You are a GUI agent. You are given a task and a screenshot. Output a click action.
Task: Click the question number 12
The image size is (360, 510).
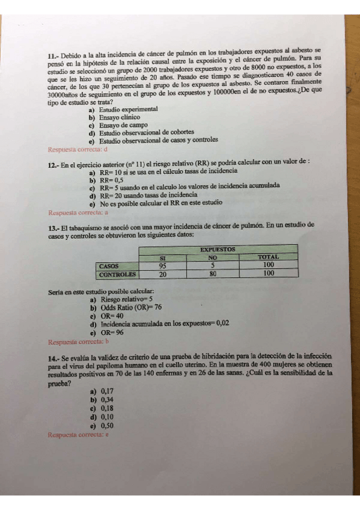(x=53, y=163)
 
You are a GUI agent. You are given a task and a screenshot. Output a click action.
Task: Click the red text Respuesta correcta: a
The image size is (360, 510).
(x=78, y=212)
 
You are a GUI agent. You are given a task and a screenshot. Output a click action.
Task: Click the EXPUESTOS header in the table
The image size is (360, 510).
(x=218, y=249)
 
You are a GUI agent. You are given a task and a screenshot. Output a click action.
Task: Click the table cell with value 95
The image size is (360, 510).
(x=162, y=265)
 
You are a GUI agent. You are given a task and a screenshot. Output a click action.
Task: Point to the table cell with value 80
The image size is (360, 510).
(x=212, y=274)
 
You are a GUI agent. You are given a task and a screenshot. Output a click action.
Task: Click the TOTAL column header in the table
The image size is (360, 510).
(x=269, y=257)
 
